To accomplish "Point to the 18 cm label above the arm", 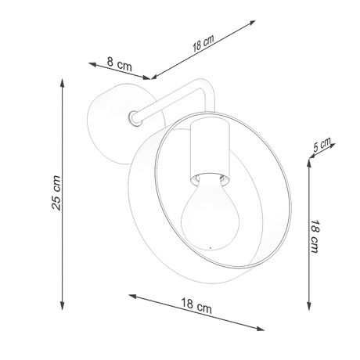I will click(203, 44).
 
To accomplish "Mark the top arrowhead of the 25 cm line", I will click(62, 80).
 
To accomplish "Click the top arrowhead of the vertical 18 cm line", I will click(311, 165).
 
